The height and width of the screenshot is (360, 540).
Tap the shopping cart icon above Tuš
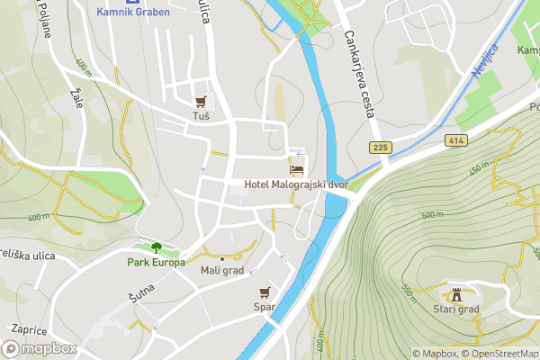coord(201,102)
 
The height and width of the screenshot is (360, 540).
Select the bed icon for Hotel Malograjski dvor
coord(295,169)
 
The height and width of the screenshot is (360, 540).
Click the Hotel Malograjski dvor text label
coord(295,184)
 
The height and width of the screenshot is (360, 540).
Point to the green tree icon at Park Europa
coord(157,247)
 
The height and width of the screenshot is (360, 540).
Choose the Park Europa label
coord(157,263)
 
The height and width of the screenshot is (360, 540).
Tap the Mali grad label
coord(222,269)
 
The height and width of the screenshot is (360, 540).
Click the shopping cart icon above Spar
coord(265,292)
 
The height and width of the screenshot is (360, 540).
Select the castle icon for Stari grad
coord(456,293)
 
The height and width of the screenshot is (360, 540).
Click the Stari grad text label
coord(456,309)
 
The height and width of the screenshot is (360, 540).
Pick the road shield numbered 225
coord(379,146)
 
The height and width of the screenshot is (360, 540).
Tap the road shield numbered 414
coord(453,140)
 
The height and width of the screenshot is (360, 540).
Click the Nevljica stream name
coord(484,60)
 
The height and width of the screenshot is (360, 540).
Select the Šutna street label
coord(141,292)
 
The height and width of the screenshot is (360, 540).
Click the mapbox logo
coord(40,348)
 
